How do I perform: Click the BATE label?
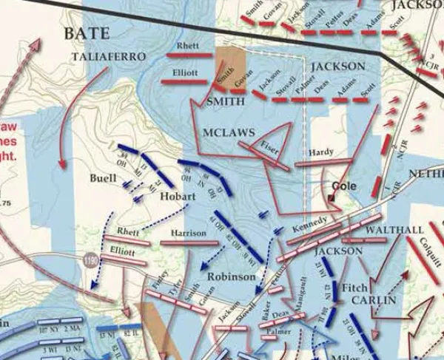[x=87, y=33]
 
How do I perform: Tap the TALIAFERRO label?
[x=109, y=57]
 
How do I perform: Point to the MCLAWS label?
[x=228, y=132]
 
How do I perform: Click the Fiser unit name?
[x=269, y=143]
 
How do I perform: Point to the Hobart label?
[x=175, y=197]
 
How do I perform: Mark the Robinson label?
[x=231, y=276]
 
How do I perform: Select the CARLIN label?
[x=374, y=301]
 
